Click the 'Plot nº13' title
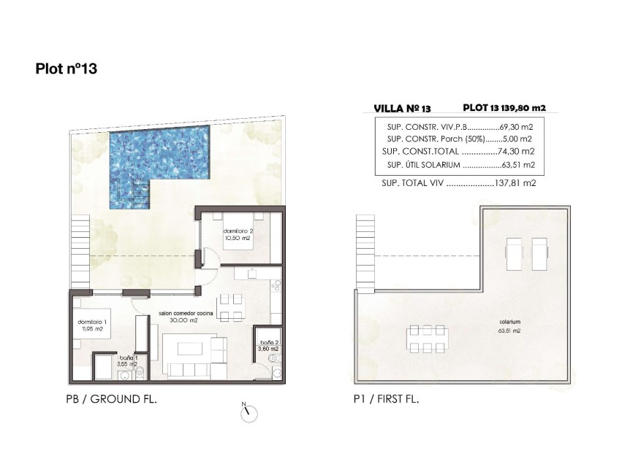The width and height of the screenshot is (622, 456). coord(67,69)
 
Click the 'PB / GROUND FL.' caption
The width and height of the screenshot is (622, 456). coord(112,399)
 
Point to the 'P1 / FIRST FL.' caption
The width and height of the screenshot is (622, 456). coord(385,399)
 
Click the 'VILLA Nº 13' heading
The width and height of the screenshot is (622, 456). coord(395,108)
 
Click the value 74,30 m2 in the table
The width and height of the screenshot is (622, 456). coord(516,151)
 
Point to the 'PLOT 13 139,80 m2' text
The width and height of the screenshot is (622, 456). coord(504,107)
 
